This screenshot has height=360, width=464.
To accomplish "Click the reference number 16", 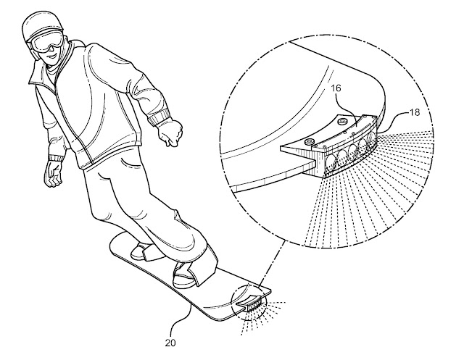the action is (335, 88).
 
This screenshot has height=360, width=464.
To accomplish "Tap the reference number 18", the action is (414, 112).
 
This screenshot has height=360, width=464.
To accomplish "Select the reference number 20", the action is (170, 343).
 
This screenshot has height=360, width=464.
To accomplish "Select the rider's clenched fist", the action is (170, 133).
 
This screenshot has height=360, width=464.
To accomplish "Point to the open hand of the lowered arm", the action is (53, 175).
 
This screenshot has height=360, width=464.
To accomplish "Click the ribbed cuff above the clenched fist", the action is (159, 117).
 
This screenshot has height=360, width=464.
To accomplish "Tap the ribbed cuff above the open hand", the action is (57, 157).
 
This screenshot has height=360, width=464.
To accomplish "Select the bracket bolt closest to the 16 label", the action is (343, 120).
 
